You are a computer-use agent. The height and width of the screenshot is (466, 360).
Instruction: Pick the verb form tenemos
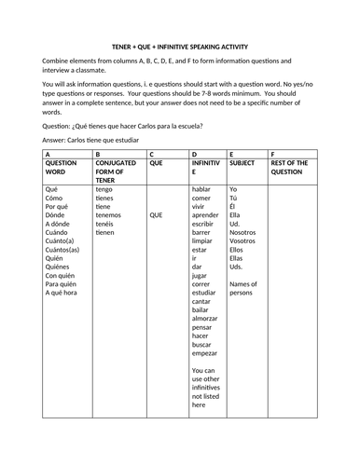111,214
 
